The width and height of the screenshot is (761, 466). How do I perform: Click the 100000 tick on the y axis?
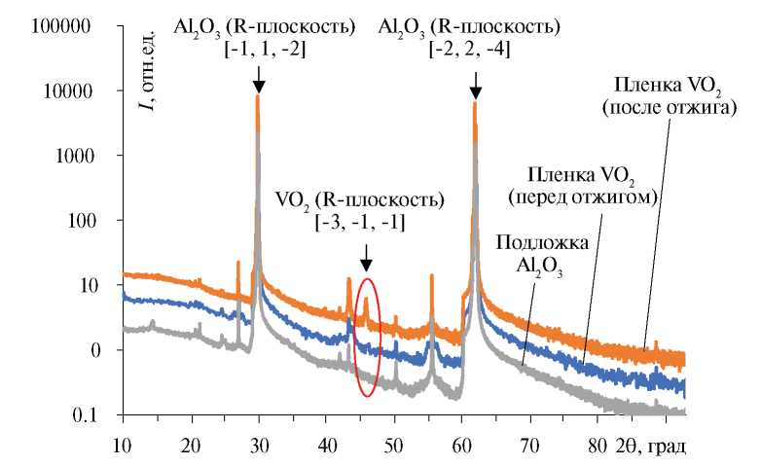click(x=61, y=26)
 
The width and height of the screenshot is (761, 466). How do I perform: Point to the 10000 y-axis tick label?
click(x=65, y=91)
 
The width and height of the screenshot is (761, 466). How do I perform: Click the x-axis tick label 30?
click(x=258, y=448)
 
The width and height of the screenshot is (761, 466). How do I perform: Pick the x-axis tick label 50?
click(x=394, y=448)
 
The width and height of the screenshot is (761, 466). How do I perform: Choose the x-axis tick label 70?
click(x=530, y=448)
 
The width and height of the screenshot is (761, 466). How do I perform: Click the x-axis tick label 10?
click(x=123, y=448)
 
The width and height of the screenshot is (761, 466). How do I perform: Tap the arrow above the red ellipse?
click(x=365, y=257)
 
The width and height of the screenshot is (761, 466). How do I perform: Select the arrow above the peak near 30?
click(x=258, y=76)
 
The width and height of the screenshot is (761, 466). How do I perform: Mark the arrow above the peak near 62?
click(x=475, y=85)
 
